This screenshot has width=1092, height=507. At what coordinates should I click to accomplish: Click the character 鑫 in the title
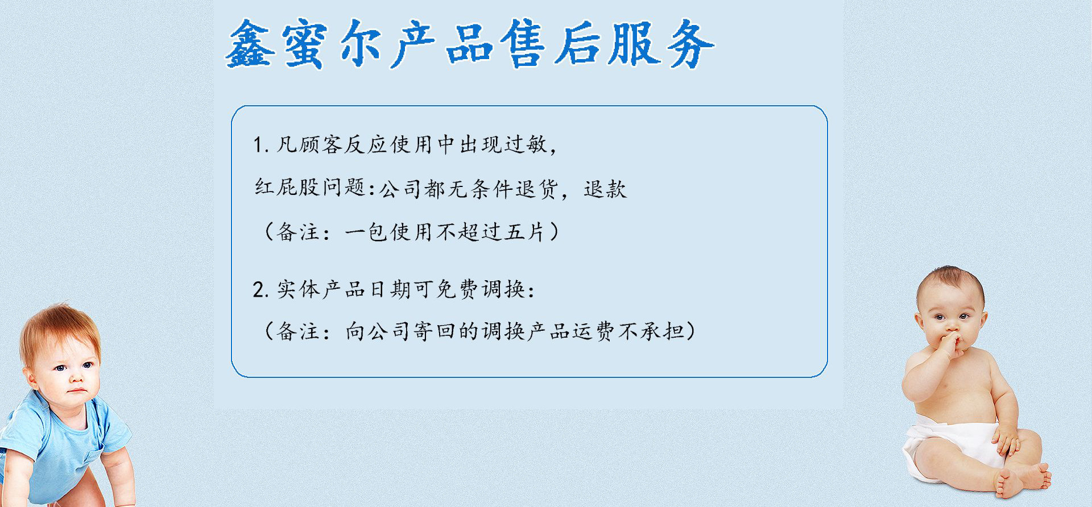pos(250,44)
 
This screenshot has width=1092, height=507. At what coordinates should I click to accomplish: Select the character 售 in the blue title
pos(523,44)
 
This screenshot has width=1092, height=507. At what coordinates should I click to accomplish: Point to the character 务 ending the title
pos(689,44)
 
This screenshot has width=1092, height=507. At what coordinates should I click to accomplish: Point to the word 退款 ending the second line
pos(605,189)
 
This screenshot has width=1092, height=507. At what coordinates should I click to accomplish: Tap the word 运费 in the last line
pos(594,331)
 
